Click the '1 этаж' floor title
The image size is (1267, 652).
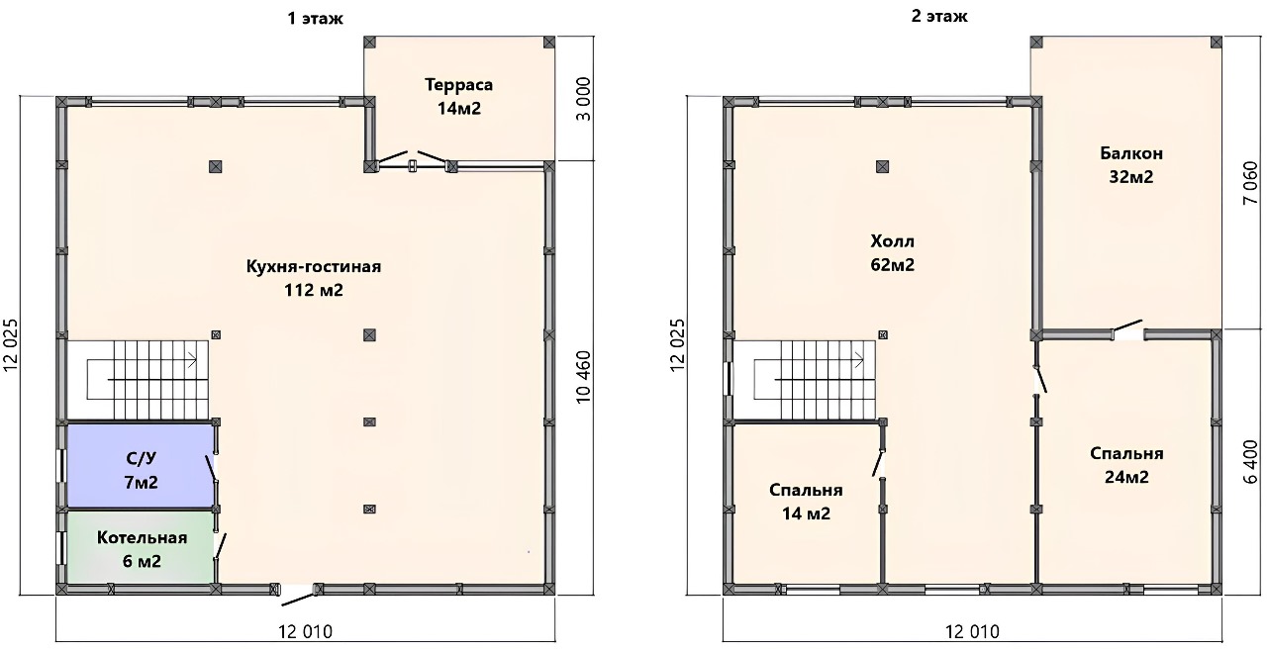pyautogui.click(x=315, y=19)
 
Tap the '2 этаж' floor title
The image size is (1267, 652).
pyautogui.click(x=939, y=17)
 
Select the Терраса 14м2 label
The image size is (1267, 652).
pyautogui.click(x=458, y=96)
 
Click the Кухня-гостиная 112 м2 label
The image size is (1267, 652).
pyautogui.click(x=314, y=278)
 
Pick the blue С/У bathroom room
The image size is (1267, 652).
pyautogui.click(x=141, y=465)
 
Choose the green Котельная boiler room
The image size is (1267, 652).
pyautogui.click(x=141, y=547)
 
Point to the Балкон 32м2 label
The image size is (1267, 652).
pyautogui.click(x=1131, y=165)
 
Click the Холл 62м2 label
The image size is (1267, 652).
pyautogui.click(x=892, y=252)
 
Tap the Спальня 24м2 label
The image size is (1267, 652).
pyautogui.click(x=1126, y=465)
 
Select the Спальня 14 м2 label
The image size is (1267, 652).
pyautogui.click(x=806, y=502)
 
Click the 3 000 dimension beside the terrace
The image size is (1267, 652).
pyautogui.click(x=583, y=99)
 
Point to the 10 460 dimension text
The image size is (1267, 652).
pyautogui.click(x=583, y=377)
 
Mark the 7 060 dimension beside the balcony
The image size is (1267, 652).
pyautogui.click(x=1251, y=184)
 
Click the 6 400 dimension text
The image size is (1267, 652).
pyautogui.click(x=1251, y=462)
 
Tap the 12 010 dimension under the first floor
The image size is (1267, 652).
pyautogui.click(x=306, y=631)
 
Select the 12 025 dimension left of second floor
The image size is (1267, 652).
pyautogui.click(x=678, y=345)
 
